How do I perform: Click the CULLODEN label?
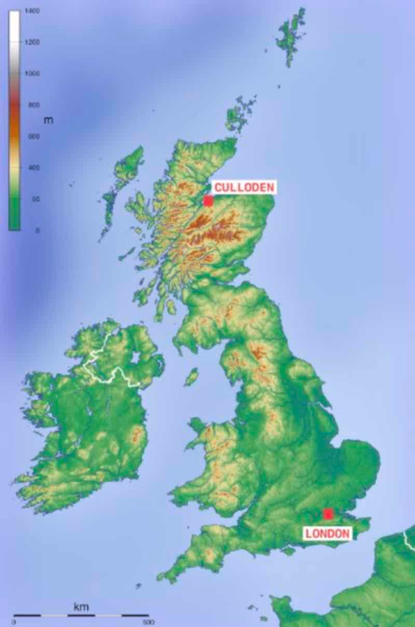[244, 187]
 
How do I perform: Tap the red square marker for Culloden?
[208, 201]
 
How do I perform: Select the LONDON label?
[327, 533]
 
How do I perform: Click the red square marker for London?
[327, 514]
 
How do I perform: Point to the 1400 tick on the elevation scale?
[32, 11]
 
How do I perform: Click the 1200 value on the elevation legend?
[32, 42]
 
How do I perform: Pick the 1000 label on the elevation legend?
[32, 74]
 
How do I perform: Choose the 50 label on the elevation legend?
[35, 199]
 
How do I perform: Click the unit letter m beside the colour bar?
[48, 120]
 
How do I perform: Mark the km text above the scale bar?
[81, 606]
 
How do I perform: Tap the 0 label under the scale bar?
[13, 622]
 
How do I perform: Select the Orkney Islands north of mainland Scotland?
[239, 114]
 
